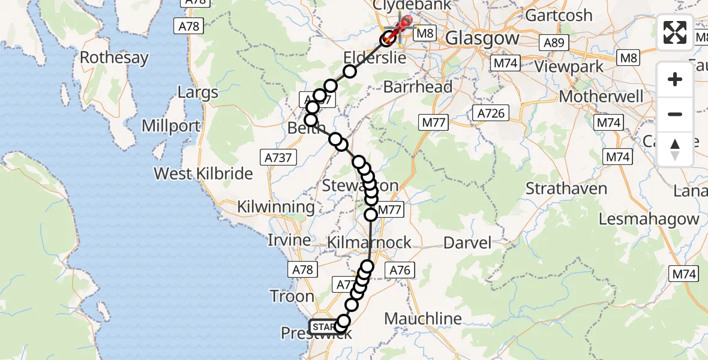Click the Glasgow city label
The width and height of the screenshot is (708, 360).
pos(482,38)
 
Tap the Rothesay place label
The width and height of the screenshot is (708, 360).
pos(114,58)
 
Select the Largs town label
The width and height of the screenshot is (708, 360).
pos(198,93)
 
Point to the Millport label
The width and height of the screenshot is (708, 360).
pos(171,127)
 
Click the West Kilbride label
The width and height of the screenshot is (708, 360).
pos(203,174)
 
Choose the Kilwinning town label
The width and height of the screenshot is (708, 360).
pos(275,207)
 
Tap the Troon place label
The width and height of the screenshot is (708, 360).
pos(292,296)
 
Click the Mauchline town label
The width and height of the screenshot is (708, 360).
pos(423,319)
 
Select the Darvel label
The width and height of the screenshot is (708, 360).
pos(467,243)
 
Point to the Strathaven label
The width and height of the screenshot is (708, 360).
pos(566,188)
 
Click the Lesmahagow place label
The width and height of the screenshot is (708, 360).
pos(649,219)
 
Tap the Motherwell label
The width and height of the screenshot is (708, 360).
pos(601,97)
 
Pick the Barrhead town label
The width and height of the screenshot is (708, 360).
pos(418,87)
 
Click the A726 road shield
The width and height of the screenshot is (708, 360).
pos(491,113)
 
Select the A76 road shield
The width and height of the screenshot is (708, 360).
pos(400,270)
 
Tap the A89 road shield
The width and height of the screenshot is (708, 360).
pos(553,43)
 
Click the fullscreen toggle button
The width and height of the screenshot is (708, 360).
pos(675,32)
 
